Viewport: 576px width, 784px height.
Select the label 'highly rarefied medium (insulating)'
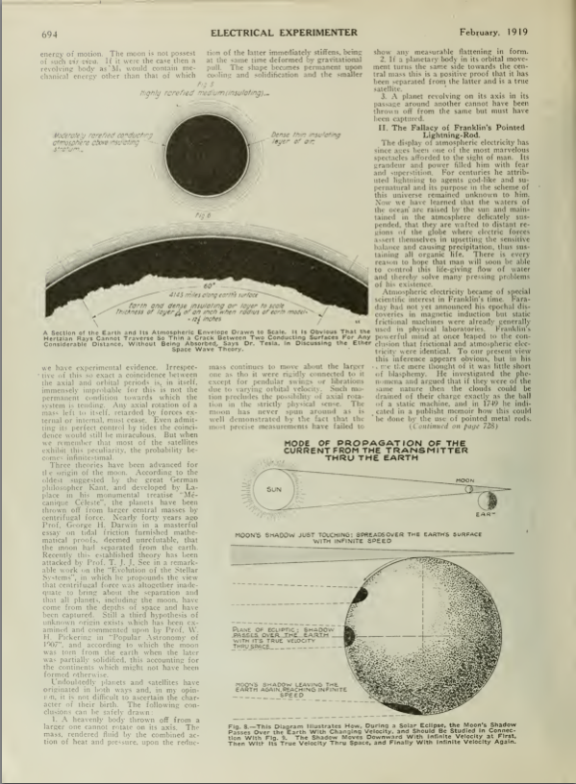tap(192, 93)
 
